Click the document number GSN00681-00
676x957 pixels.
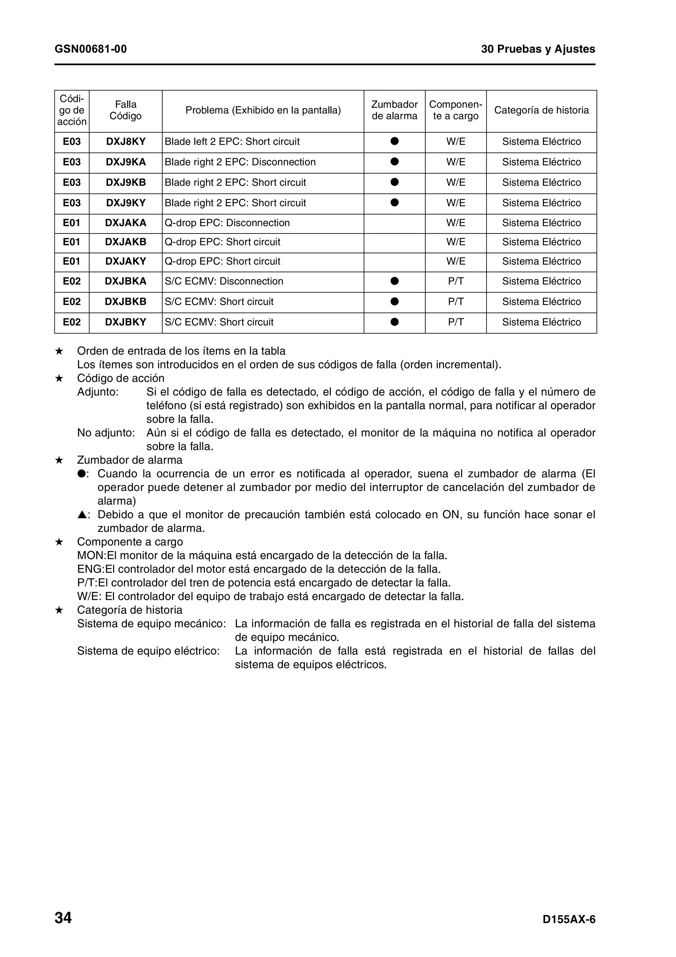pyautogui.click(x=90, y=49)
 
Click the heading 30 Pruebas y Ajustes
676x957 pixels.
pyautogui.click(x=538, y=49)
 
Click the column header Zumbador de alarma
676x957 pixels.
pyautogui.click(x=394, y=110)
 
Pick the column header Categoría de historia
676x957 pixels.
pyautogui.click(x=541, y=110)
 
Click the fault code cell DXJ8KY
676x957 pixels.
pyautogui.click(x=125, y=142)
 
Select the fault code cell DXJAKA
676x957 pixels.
pyautogui.click(x=125, y=223)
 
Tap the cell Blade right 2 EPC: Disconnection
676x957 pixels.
pyautogui.click(x=240, y=162)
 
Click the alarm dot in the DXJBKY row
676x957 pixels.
pyautogui.click(x=394, y=322)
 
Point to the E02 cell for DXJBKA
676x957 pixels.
pyautogui.click(x=71, y=281)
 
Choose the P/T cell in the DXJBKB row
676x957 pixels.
pyautogui.click(x=455, y=302)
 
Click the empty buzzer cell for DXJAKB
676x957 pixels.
pyautogui.click(x=394, y=242)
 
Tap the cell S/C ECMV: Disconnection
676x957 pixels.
pyautogui.click(x=224, y=281)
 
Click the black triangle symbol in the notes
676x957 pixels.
pyautogui.click(x=82, y=515)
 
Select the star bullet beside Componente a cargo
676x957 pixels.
pyautogui.click(x=59, y=542)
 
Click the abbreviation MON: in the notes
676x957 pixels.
pyautogui.click(x=92, y=556)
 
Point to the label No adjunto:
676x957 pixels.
pyautogui.click(x=106, y=433)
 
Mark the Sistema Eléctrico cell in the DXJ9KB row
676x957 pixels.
pyautogui.click(x=541, y=183)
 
